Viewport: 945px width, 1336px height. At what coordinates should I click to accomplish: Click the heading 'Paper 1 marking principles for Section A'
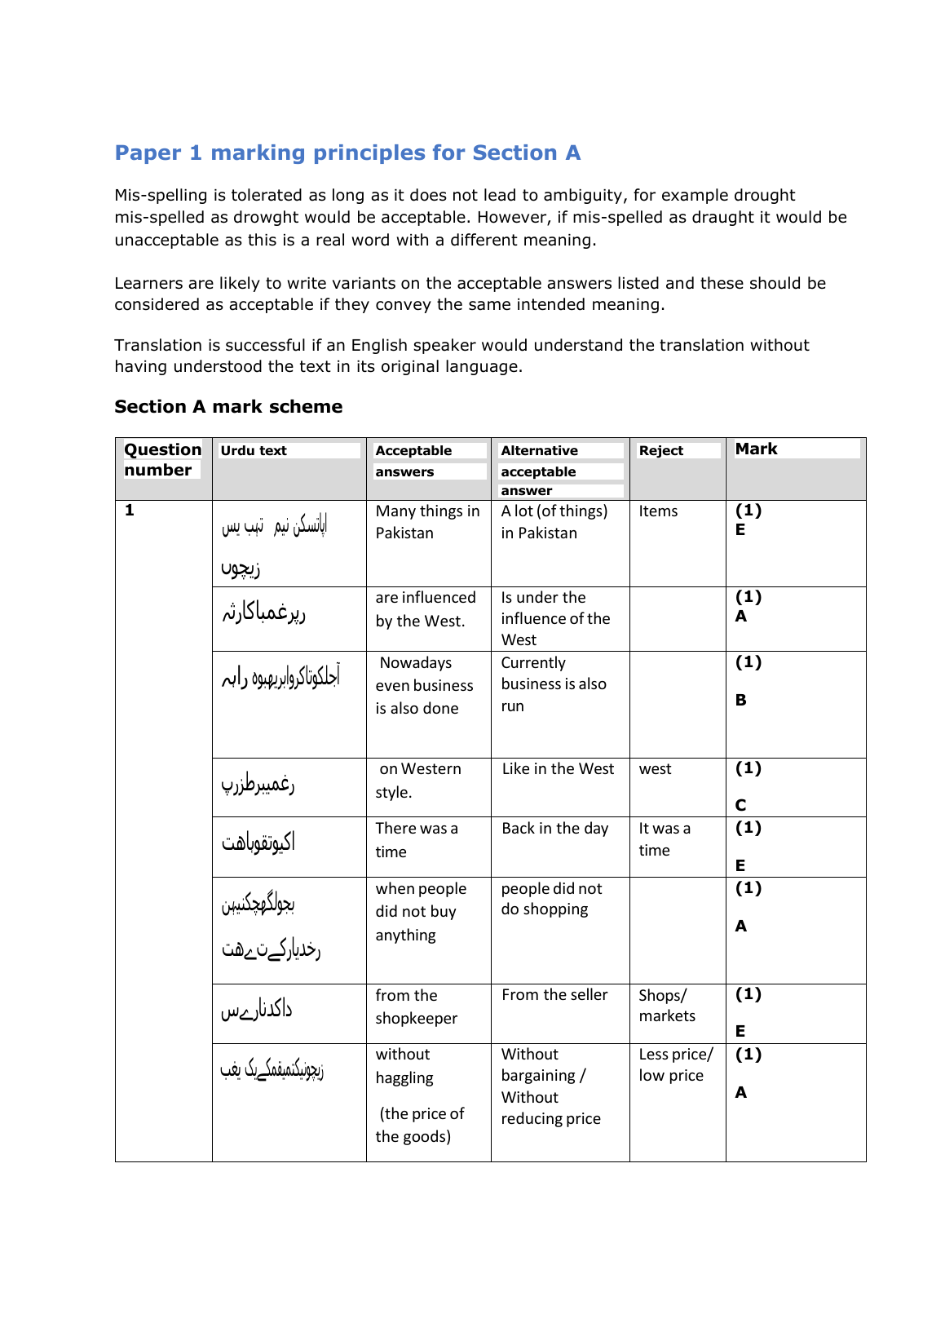coord(347,153)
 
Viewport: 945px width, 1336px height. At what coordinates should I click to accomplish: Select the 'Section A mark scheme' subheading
coord(228,407)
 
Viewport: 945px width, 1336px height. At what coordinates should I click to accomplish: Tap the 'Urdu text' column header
coord(254,451)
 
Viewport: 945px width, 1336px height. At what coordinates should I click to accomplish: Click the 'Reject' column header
coord(660,451)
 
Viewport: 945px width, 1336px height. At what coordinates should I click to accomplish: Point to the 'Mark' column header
coord(756,449)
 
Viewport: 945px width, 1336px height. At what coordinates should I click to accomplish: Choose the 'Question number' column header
coord(162,460)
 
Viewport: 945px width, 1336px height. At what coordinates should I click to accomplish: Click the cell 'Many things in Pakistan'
coord(427,522)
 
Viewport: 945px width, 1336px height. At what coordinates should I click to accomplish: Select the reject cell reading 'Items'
coord(658,511)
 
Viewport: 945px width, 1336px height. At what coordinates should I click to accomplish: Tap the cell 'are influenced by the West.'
coord(425,609)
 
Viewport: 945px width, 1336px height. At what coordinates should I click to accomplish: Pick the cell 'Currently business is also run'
coord(554,684)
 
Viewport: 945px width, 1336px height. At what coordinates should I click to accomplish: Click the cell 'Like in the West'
coord(558,769)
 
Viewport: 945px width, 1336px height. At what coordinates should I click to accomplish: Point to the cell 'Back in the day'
coord(554,829)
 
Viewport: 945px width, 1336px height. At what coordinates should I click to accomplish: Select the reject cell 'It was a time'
coord(664,839)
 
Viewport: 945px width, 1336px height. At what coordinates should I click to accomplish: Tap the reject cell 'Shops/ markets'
coord(666,1006)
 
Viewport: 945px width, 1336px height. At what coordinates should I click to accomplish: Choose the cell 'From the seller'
coord(554,995)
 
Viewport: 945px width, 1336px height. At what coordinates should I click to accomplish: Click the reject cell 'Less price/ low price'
coord(675,1065)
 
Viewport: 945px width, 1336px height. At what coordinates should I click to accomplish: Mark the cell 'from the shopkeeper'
coord(416,1006)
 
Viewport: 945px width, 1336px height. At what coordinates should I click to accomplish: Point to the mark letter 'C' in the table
coord(740,805)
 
